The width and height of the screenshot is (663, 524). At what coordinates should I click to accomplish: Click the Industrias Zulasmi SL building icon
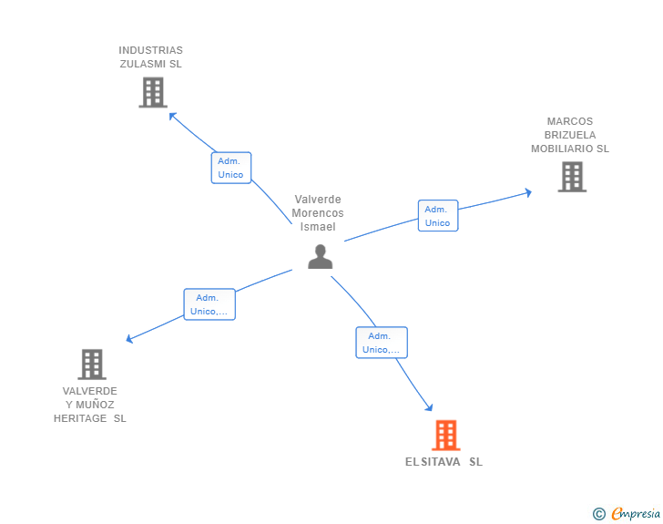coord(153,92)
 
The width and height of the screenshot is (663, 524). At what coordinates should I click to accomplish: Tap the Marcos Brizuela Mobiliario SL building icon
coord(571,177)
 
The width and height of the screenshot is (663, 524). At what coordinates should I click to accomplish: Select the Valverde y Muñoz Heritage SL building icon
coord(91,365)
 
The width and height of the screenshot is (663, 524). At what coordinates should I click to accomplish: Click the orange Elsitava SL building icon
coord(445,436)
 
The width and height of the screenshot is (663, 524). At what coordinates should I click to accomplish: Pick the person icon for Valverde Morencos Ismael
coord(320,257)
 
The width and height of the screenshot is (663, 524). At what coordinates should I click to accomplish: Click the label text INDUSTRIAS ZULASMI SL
coord(151,57)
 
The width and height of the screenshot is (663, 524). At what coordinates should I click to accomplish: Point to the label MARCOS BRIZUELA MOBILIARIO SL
coord(570,135)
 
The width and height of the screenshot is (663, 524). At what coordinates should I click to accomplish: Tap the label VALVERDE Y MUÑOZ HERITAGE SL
coord(90,405)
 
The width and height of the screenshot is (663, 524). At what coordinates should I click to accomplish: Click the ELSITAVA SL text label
coord(444,462)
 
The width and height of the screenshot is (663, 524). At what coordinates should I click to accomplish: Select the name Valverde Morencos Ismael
coord(318,212)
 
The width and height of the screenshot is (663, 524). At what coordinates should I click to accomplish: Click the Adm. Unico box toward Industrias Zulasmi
coord(230,168)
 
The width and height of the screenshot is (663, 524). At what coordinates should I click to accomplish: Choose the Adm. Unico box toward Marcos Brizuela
coord(437,216)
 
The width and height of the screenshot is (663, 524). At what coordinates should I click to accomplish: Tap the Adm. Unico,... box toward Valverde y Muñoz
coord(209,304)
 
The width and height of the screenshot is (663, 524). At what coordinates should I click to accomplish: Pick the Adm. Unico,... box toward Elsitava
coord(381,343)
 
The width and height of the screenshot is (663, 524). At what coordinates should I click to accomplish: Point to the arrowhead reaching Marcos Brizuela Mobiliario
coord(527,192)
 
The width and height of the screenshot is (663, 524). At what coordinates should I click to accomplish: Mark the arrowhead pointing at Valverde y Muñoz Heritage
coord(129,339)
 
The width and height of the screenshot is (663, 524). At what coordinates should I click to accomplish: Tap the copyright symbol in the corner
coord(598,514)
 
